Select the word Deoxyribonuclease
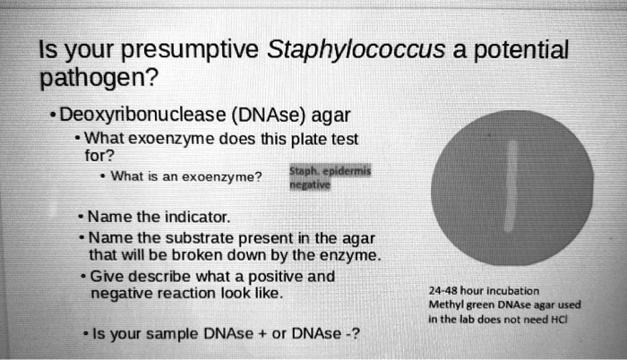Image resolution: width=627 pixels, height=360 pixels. click(x=149, y=115)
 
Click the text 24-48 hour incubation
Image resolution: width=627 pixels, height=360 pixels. click(x=485, y=291)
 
